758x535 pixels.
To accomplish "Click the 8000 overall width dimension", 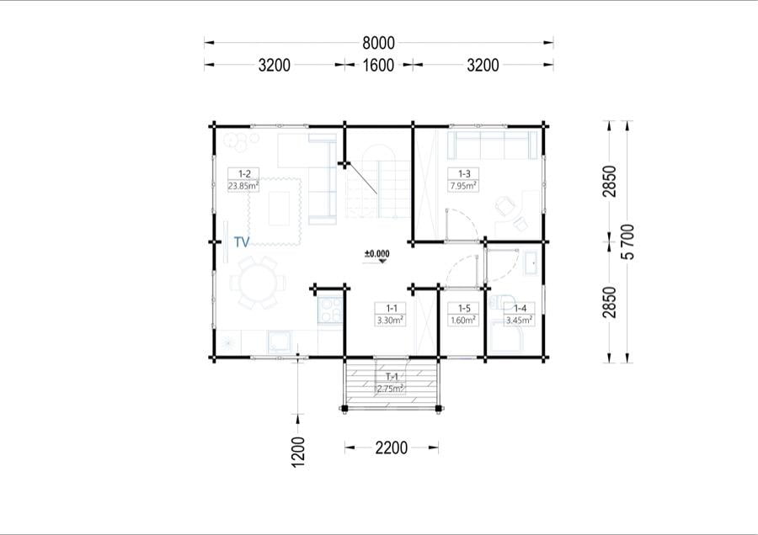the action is point(378,43).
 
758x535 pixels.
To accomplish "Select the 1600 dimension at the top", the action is point(378,65).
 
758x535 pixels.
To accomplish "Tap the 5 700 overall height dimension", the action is point(628,242).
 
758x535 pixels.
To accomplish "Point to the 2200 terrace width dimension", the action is point(392,448).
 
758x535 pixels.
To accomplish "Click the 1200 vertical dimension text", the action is point(299,452).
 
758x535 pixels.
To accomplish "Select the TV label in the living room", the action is point(242,242).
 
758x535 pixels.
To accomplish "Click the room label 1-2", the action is point(244,174).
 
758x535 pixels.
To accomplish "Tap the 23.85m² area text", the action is point(243,185).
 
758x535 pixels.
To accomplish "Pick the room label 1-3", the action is point(464,174).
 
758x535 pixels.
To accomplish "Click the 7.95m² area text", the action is point(463,185).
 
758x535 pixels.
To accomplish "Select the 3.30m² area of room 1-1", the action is point(391,320).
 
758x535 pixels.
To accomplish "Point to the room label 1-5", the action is point(464,308).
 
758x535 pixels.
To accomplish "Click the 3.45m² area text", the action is point(520,320).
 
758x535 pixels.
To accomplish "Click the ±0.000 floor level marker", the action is point(377,254).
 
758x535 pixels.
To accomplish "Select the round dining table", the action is point(259,283).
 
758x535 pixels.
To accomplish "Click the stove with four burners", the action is point(331,310).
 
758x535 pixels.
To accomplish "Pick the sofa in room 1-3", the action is point(493,145).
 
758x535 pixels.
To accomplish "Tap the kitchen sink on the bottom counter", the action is point(280,342).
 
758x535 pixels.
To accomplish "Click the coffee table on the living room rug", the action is point(280,209).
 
